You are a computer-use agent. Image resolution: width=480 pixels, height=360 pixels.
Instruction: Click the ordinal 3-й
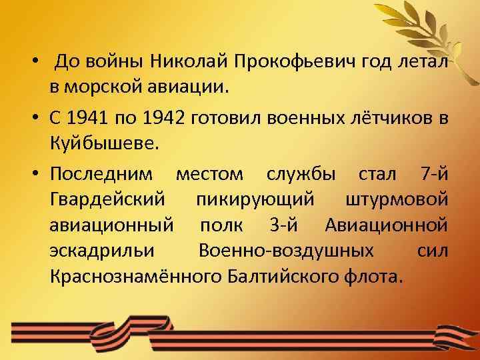[x=289, y=225]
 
